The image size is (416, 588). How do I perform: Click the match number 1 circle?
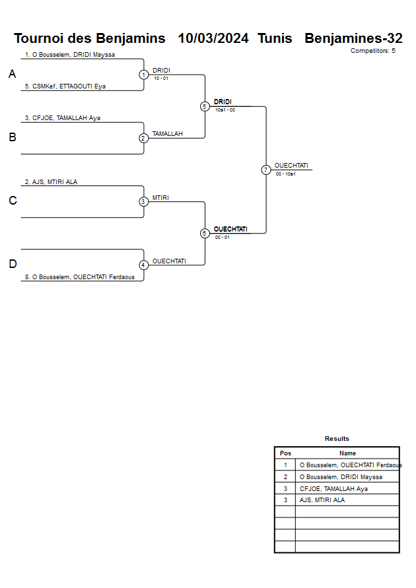[x=143, y=75]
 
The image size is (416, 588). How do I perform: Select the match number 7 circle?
[x=266, y=170]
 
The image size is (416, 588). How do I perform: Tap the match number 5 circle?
[x=205, y=106]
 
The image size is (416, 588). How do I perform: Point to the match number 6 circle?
[x=205, y=233]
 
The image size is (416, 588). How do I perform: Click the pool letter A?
[x=12, y=75]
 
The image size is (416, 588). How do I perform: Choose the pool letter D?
[x=12, y=265]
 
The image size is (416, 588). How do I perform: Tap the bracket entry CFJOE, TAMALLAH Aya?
[x=62, y=118]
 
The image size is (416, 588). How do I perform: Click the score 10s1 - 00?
[x=225, y=110]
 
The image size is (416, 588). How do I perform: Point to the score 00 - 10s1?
[x=285, y=174]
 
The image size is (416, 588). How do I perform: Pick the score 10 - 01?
[x=160, y=79]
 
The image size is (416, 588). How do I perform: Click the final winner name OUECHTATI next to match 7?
[x=291, y=166]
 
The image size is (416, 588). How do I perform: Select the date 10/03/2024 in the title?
[x=213, y=38]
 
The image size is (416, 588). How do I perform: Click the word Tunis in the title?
[x=275, y=38]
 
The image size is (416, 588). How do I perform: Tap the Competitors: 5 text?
[x=372, y=51]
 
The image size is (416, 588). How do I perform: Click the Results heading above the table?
[x=337, y=439]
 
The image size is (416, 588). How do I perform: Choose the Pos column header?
[x=285, y=453]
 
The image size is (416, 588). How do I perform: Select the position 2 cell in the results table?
[x=285, y=476]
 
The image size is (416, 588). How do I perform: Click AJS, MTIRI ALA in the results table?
[x=322, y=500]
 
